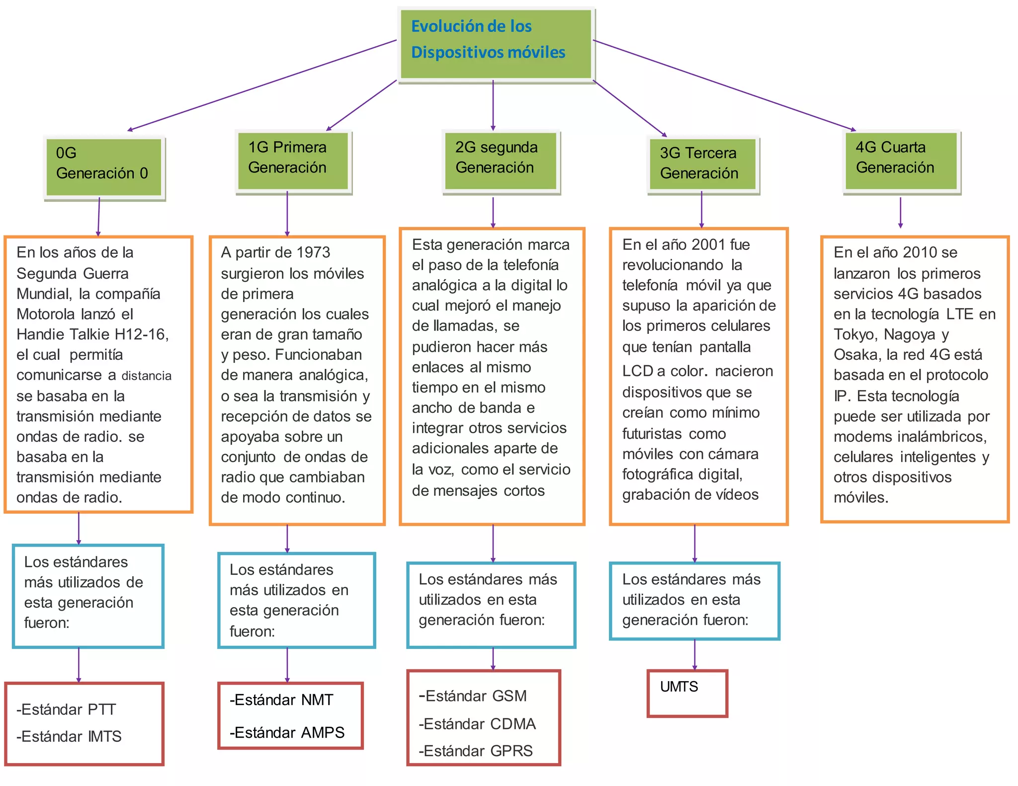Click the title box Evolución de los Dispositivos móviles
496,44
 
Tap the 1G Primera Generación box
293,160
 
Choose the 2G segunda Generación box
501,160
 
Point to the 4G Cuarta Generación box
901,160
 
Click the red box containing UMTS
687,693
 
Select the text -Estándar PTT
66,709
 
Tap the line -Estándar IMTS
69,736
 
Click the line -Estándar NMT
281,700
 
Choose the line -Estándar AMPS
287,732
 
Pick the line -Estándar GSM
473,696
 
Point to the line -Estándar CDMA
477,723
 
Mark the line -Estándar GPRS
476,750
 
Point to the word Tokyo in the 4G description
855,334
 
